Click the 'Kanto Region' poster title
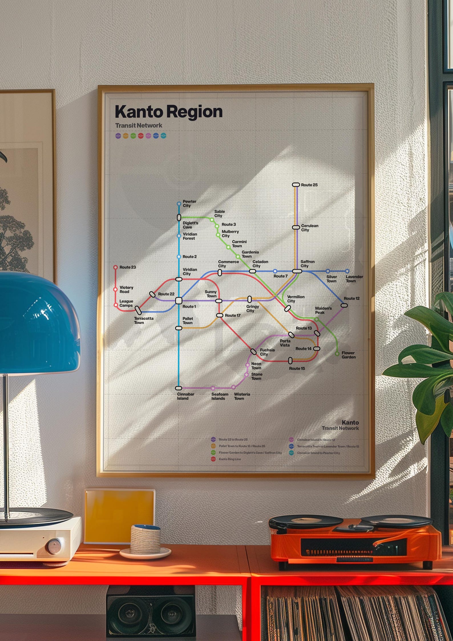[168, 112]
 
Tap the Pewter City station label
[189, 203]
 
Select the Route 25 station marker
[296, 185]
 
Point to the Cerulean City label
[310, 228]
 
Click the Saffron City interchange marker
[297, 271]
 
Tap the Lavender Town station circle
[347, 271]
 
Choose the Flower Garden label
[348, 355]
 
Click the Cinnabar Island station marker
[179, 388]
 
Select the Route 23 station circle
[116, 267]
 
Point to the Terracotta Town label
[143, 320]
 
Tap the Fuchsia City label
[267, 352]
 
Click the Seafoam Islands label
[220, 396]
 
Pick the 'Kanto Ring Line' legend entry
[229, 459]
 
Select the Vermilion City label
[296, 299]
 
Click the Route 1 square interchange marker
[179, 300]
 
